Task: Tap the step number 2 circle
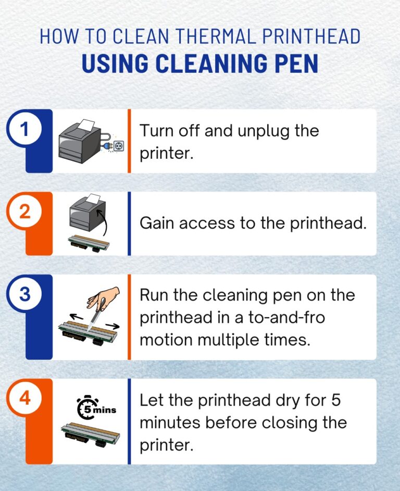pyautogui.click(x=24, y=212)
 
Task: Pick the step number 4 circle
pyautogui.click(x=24, y=399)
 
